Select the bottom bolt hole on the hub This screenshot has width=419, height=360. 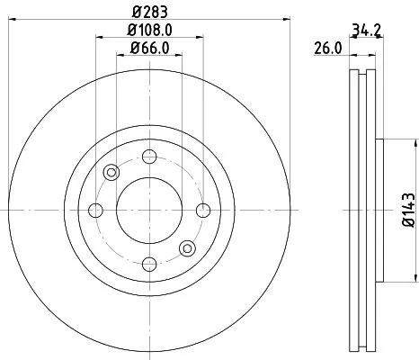click(x=148, y=265)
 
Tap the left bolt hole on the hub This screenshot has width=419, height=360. click(x=94, y=211)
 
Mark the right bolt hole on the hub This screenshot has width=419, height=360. click(x=202, y=211)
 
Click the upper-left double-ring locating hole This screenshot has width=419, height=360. click(x=111, y=173)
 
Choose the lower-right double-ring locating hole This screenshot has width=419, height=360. click(x=187, y=248)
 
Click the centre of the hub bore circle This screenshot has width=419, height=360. click(x=148, y=211)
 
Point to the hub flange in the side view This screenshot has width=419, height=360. click(x=379, y=211)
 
